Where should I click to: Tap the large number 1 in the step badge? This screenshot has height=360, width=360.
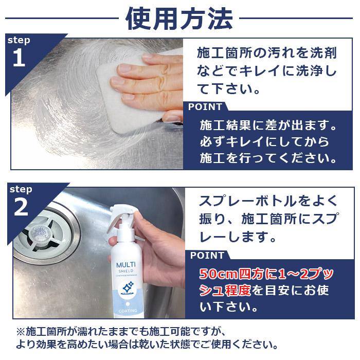point(19,58)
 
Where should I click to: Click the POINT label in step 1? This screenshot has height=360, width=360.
point(205,107)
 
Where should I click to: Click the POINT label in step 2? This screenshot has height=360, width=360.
point(207,256)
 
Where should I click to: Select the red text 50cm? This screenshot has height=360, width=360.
point(216,273)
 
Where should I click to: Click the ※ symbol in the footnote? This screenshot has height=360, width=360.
point(21,331)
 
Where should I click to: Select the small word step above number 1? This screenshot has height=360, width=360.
point(20,40)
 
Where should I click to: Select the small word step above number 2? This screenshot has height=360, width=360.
point(21,189)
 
